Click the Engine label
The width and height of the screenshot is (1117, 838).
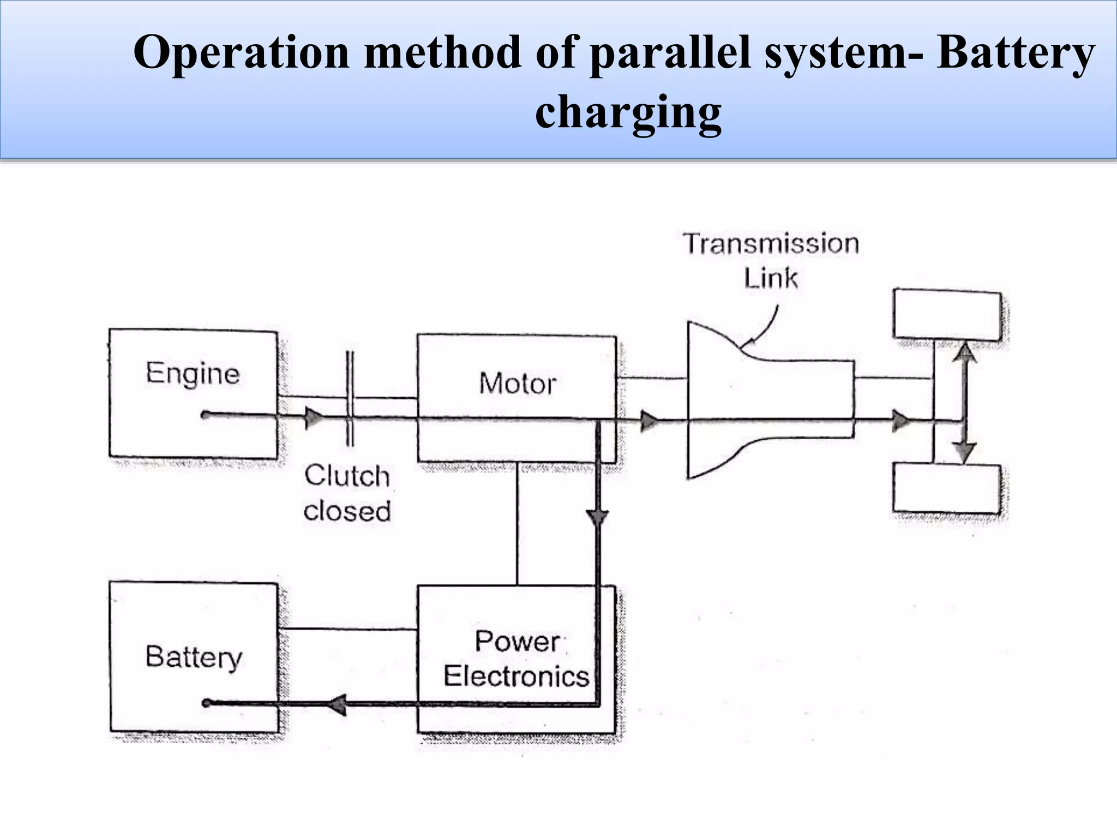click(x=193, y=374)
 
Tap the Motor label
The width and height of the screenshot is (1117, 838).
click(x=517, y=383)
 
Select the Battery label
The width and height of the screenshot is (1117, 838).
click(x=194, y=657)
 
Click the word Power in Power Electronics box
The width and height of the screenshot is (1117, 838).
click(x=517, y=641)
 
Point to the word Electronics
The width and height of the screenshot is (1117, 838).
click(x=516, y=677)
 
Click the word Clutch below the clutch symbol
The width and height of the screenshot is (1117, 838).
click(x=347, y=476)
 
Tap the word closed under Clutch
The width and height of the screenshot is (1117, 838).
click(x=347, y=511)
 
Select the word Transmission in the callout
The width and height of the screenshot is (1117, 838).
click(x=771, y=243)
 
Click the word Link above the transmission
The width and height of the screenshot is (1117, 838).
click(x=771, y=278)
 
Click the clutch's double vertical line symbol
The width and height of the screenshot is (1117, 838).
click(x=350, y=398)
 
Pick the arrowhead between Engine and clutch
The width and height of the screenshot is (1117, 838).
click(x=314, y=418)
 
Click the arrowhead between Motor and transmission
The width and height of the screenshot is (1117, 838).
click(x=648, y=421)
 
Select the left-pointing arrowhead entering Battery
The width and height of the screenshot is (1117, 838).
click(x=338, y=704)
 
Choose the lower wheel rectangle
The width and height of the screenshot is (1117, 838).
click(x=947, y=488)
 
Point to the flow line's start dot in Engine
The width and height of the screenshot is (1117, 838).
click(x=205, y=415)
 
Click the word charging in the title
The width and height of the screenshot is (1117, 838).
click(x=628, y=112)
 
